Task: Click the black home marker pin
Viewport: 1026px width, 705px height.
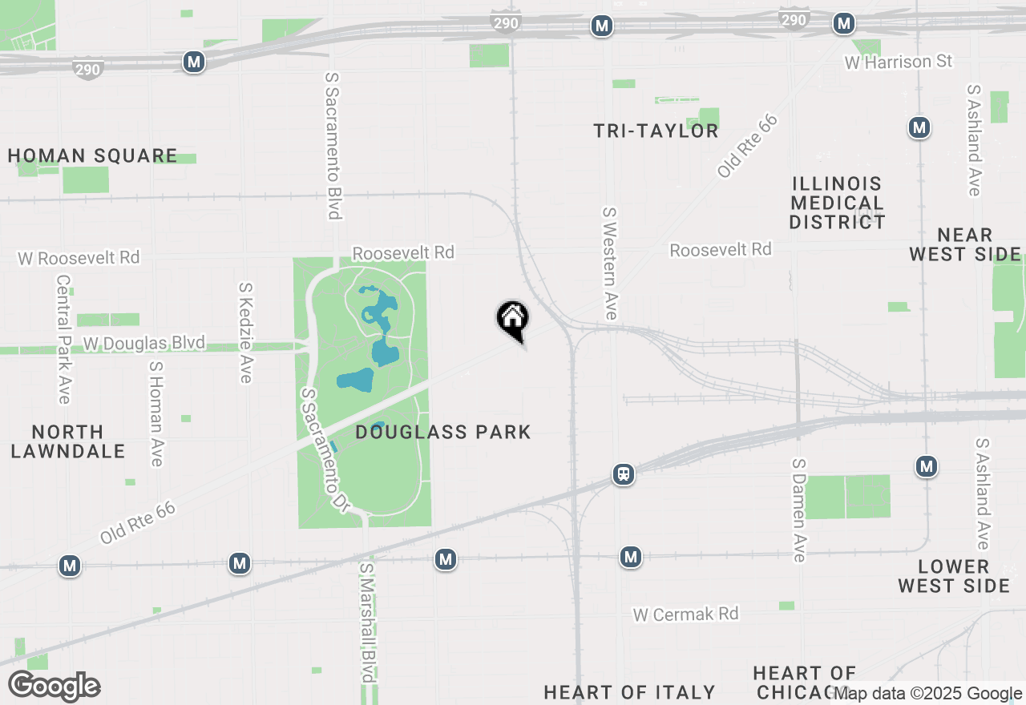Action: [512, 319]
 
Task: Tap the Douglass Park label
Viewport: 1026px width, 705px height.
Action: [442, 433]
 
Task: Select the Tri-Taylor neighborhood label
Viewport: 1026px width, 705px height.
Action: [656, 131]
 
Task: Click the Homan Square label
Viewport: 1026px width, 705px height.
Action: [92, 155]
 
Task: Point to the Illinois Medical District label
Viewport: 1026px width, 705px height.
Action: [837, 203]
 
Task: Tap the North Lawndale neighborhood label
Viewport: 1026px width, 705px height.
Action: [68, 441]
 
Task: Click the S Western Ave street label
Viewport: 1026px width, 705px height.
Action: [611, 264]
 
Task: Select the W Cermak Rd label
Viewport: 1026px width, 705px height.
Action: [685, 614]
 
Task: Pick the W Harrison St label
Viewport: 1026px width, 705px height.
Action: [899, 62]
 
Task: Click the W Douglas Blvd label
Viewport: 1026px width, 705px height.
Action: [144, 344]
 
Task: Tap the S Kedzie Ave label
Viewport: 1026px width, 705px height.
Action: [246, 332]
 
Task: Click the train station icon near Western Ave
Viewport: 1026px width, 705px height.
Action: [623, 474]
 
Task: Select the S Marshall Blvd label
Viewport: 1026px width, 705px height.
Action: [366, 622]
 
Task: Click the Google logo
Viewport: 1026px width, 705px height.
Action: [54, 686]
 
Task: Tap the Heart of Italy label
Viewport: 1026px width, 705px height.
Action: [629, 692]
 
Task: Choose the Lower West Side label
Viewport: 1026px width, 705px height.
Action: [953, 576]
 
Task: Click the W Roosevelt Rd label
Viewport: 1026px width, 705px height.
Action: [79, 258]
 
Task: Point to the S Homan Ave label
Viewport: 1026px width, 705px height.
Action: [156, 413]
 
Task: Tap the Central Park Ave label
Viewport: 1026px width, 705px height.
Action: [64, 340]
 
